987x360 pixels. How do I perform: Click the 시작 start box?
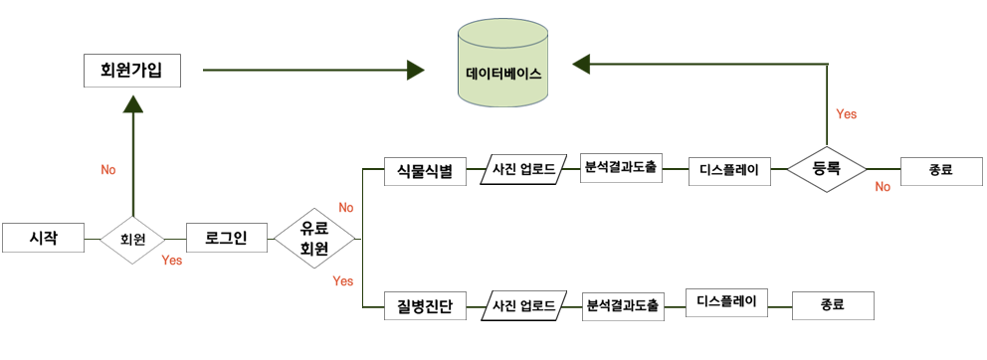pos(44,239)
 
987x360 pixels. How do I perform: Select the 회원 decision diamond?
pos(132,240)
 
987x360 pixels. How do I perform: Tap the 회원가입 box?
pos(131,71)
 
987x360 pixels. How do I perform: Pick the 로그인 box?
pos(227,239)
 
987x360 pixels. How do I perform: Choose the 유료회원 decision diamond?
pos(313,239)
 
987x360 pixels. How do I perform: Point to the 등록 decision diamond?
pos(826,169)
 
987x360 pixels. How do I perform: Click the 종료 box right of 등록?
pos(939,170)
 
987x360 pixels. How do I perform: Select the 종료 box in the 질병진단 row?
pos(833,304)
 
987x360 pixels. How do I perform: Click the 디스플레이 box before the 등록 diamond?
pos(729,170)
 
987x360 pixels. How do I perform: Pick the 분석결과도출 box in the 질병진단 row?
pos(623,305)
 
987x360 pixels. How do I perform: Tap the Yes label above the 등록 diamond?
pos(847,114)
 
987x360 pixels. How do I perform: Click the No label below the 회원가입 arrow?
pos(108,170)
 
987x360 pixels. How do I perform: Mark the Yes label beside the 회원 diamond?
pos(171,261)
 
